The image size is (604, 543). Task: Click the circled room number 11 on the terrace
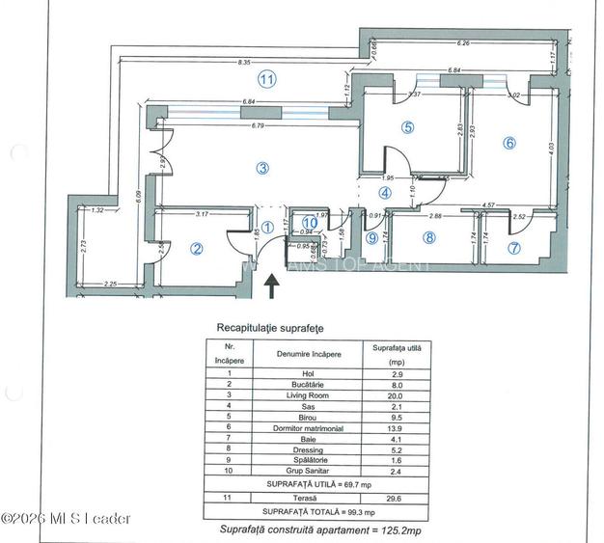(x=267, y=80)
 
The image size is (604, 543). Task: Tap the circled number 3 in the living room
(x=262, y=168)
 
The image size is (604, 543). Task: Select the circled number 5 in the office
(x=408, y=126)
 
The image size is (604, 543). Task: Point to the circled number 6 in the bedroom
(x=509, y=143)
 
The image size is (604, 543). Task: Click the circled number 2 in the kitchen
(x=197, y=249)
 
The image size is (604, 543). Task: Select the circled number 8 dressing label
(x=429, y=237)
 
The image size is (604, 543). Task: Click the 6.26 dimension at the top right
(x=464, y=43)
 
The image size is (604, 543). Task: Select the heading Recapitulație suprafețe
(x=270, y=327)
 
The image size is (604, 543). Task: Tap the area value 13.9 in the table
(x=396, y=426)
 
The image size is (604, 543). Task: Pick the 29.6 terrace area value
(x=396, y=498)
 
